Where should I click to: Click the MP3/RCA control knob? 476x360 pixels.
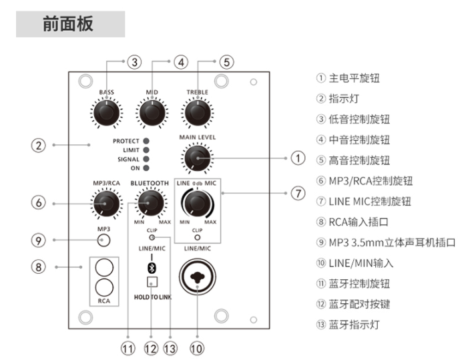pos(106,204)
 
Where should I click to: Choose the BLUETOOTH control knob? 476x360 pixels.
pos(151,203)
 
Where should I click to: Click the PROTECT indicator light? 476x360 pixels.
pos(146,142)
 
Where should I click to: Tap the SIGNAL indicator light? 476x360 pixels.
pos(146,160)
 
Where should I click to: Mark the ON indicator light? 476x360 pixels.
pos(146,169)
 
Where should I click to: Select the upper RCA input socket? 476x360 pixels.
pos(103,268)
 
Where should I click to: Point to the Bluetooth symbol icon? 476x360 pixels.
pos(151,268)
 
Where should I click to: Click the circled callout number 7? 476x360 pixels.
pos(297,194)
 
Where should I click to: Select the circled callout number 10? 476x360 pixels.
pos(196,347)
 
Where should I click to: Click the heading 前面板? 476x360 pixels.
pos(68,25)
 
